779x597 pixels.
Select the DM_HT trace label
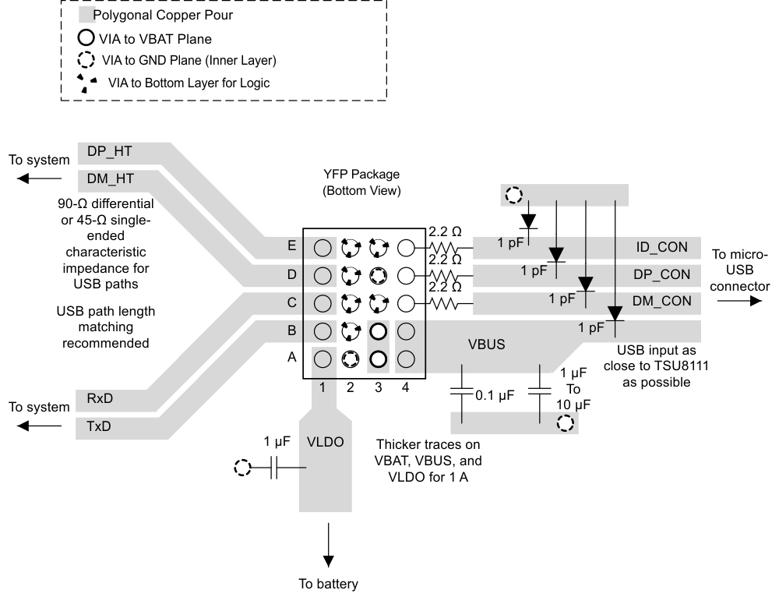tap(110, 179)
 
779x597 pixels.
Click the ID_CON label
tap(661, 248)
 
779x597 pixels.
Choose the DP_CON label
tap(661, 275)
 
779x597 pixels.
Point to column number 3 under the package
tap(378, 387)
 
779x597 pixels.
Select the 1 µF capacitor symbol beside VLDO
tap(273, 468)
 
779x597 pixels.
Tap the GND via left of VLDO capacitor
tap(243, 468)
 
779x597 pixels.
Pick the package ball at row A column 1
tap(322, 359)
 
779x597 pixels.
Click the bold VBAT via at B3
tap(378, 331)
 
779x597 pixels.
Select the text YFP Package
tap(361, 175)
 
